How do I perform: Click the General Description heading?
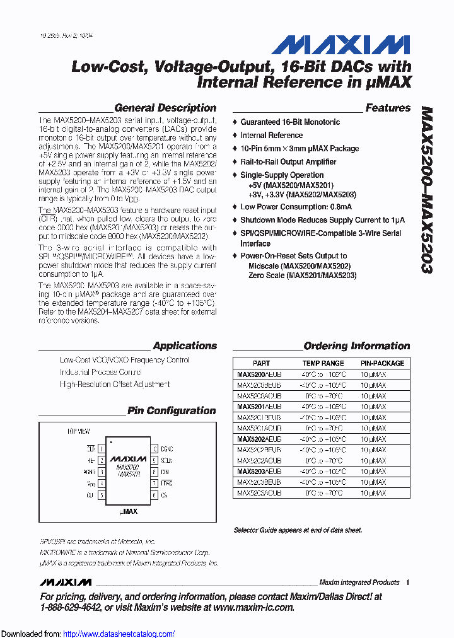click(165, 108)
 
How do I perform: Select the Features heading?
click(388, 108)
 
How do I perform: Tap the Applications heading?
click(185, 345)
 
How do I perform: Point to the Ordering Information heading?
click(356, 345)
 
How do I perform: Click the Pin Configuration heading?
click(172, 410)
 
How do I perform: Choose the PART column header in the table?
click(261, 363)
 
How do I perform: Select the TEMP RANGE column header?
click(323, 363)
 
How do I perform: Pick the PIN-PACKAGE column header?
click(382, 363)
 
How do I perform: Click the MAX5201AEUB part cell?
click(259, 407)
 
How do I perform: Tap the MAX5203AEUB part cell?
click(259, 471)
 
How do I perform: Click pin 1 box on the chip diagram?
click(101, 449)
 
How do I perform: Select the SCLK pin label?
click(167, 461)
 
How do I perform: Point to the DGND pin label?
click(167, 449)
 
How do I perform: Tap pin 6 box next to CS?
click(154, 496)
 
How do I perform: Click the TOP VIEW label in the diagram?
click(79, 431)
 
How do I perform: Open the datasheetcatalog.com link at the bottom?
click(119, 634)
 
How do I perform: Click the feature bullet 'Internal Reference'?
click(271, 135)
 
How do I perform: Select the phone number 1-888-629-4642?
click(69, 607)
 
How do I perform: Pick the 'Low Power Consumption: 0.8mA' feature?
click(296, 207)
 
